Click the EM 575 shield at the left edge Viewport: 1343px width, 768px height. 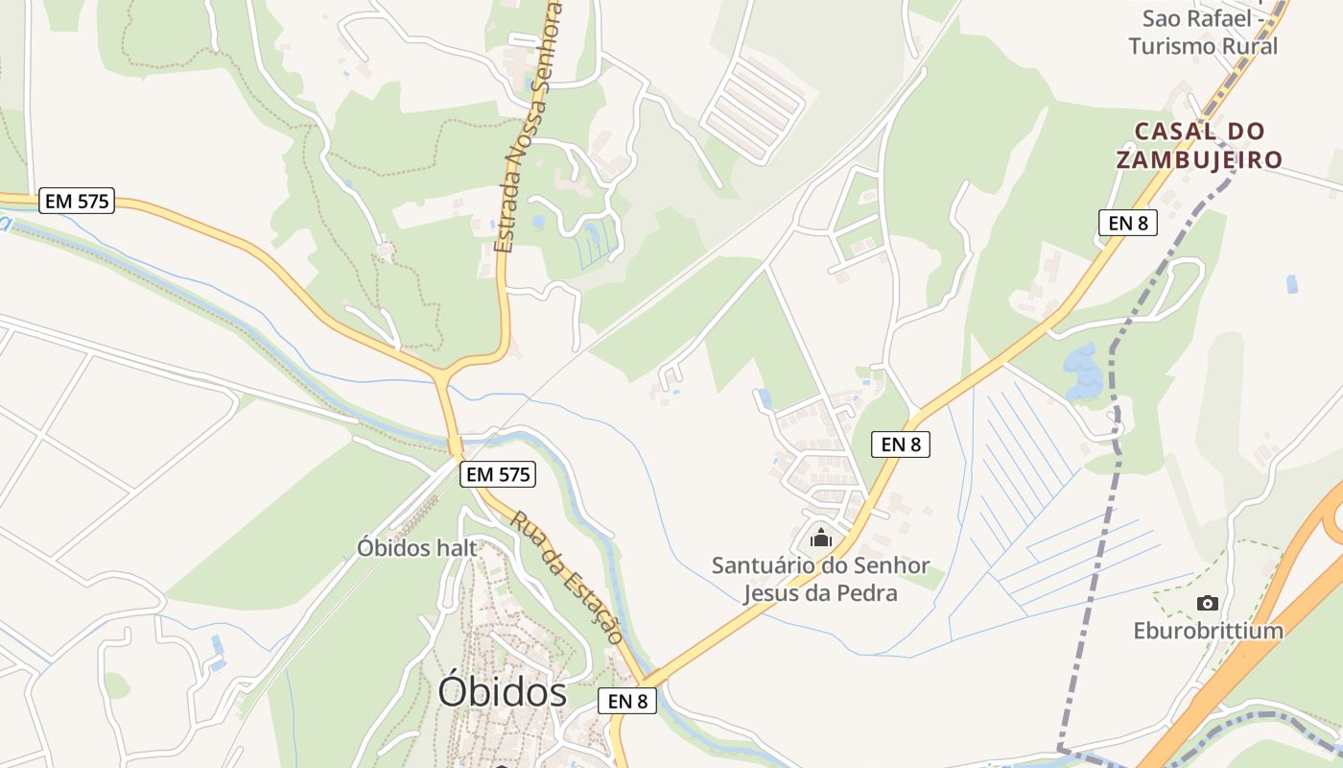pyautogui.click(x=78, y=201)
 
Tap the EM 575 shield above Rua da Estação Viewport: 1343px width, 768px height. pyautogui.click(x=497, y=473)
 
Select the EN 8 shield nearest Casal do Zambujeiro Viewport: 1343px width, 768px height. pyautogui.click(x=1127, y=223)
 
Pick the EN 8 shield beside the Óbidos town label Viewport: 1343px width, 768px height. pyautogui.click(x=627, y=701)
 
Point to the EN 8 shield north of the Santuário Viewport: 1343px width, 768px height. pyautogui.click(x=900, y=444)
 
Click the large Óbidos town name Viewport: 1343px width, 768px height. pyautogui.click(x=502, y=691)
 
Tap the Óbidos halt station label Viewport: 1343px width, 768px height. pyautogui.click(x=416, y=548)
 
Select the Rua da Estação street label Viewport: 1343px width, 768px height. pyautogui.click(x=567, y=576)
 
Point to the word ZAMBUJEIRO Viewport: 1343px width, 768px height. pyautogui.click(x=1199, y=159)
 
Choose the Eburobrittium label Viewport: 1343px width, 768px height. pyautogui.click(x=1208, y=631)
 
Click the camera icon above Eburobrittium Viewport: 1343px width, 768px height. pyautogui.click(x=1208, y=603)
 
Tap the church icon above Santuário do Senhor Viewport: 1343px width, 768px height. pyautogui.click(x=820, y=537)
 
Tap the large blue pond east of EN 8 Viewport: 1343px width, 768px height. pyautogui.click(x=1083, y=371)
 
